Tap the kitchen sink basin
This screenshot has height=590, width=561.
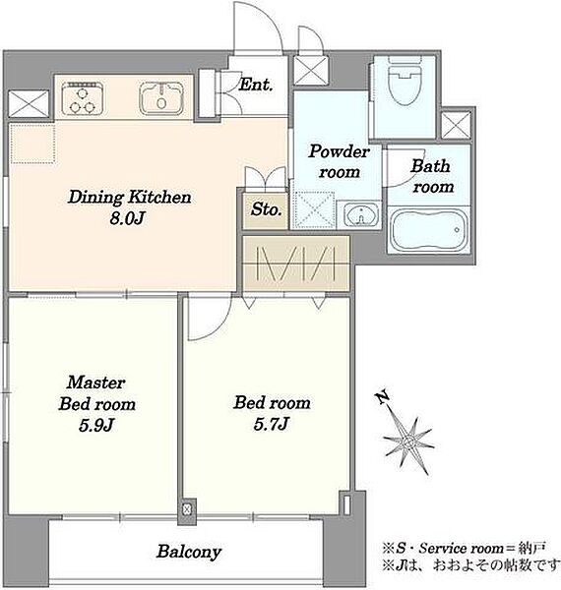pos(161,98)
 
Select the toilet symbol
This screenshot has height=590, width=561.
pos(405,81)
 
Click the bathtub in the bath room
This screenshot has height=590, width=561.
pos(429,230)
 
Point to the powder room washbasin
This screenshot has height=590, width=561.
pos(360,216)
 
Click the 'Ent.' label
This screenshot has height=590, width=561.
pos(256,85)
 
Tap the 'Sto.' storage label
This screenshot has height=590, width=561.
pos(266,209)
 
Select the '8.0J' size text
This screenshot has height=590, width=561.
pos(127,218)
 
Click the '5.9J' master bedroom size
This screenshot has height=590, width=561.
pos(96,425)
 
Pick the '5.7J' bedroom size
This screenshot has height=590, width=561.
pos(271,424)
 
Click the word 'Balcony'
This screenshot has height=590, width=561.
pos(189,552)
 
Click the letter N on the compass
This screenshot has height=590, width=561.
pos(383,397)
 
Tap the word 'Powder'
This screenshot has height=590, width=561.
pos(339,152)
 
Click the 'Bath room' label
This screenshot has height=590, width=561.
pos(431,176)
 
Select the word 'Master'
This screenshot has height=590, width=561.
pos(96,383)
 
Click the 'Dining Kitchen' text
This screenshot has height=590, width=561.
pos(130,198)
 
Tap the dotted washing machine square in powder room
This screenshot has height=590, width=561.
pos(315,210)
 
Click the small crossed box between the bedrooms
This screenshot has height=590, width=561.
pos(187,509)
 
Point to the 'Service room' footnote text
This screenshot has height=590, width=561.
pos(461,549)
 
